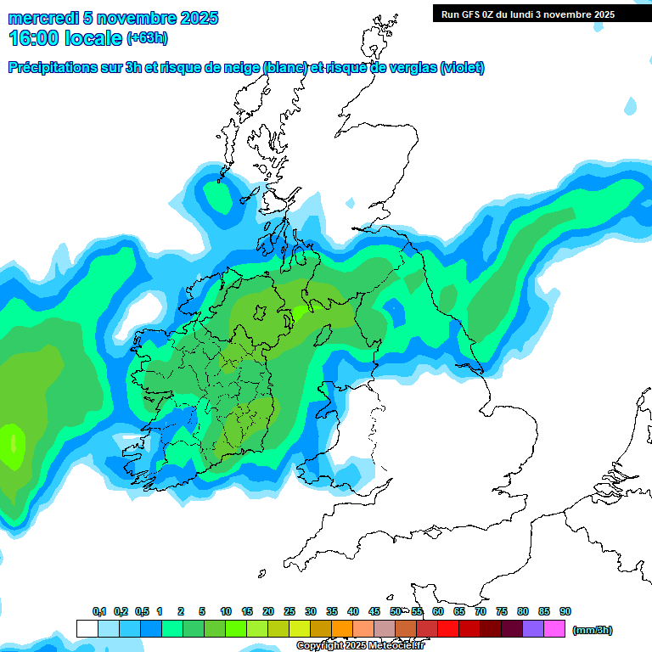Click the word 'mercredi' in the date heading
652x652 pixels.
[42, 18]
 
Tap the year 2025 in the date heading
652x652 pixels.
[197, 18]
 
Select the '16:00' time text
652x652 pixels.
[33, 37]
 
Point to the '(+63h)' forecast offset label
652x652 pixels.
[149, 37]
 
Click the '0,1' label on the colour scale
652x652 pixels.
[99, 612]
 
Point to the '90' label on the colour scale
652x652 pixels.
[565, 612]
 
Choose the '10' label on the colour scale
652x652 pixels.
[226, 612]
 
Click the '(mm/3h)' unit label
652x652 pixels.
[593, 630]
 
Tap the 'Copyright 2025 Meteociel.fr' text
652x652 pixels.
[360, 645]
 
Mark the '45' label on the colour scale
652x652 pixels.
[374, 612]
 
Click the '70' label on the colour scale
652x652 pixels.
[481, 612]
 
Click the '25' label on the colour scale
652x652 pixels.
[289, 612]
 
